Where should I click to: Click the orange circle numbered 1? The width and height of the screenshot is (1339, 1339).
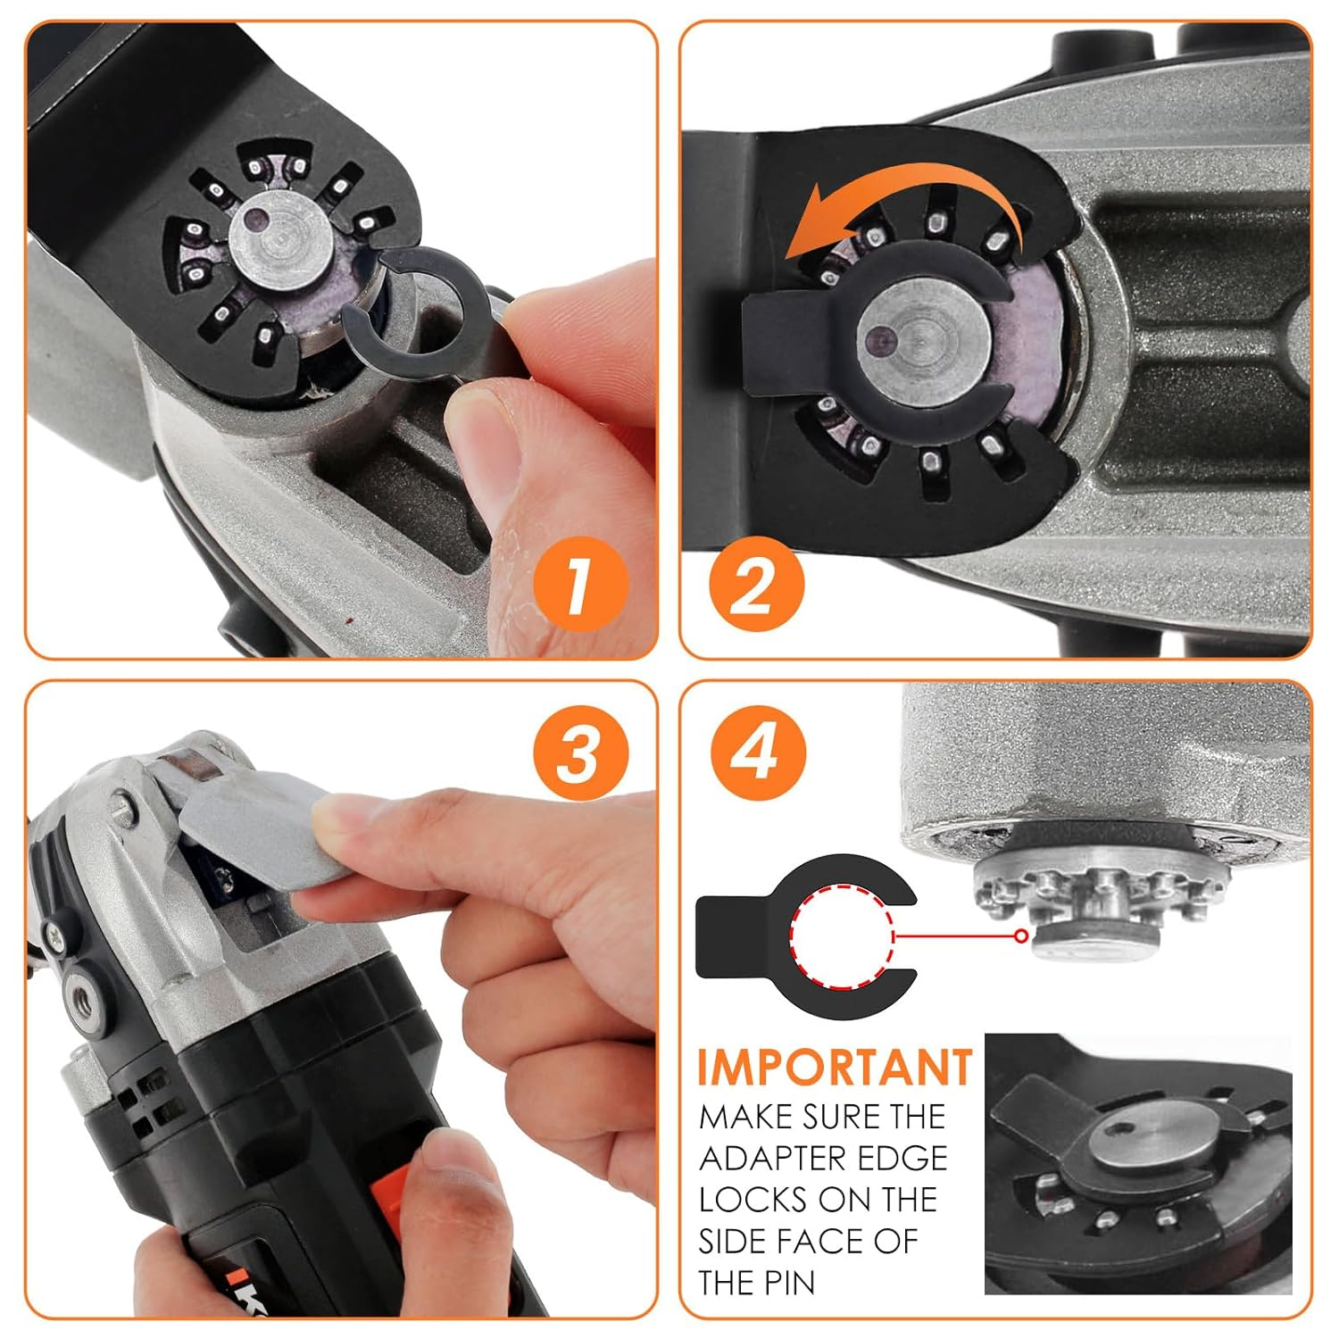[x=580, y=586]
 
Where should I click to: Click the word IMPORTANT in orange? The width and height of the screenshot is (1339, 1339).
[x=834, y=1068]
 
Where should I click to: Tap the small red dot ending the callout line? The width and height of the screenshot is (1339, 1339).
[x=1020, y=936]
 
